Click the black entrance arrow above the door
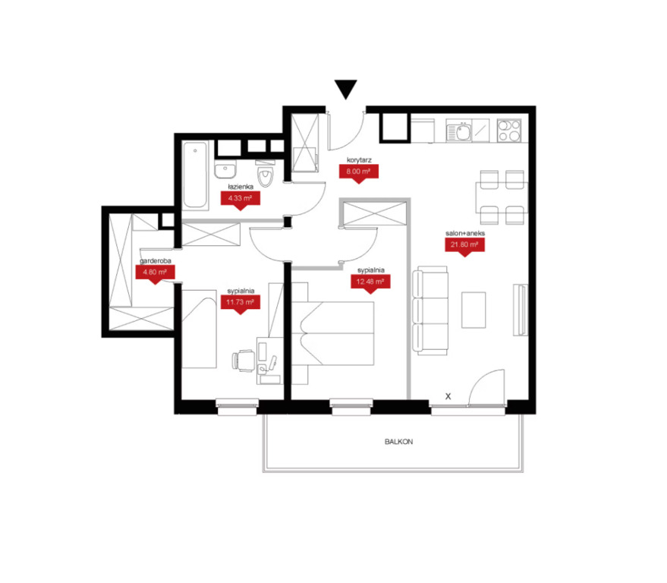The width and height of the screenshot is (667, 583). pyautogui.click(x=345, y=89)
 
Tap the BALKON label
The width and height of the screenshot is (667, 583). pyautogui.click(x=398, y=442)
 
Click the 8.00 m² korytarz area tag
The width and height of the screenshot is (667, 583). pyautogui.click(x=359, y=174)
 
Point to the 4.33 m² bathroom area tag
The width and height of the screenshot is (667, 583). pyautogui.click(x=241, y=200)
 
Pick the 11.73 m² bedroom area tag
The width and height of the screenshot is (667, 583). pyautogui.click(x=241, y=304)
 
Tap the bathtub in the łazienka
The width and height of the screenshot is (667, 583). pyautogui.click(x=195, y=175)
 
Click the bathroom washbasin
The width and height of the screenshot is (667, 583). pyautogui.click(x=225, y=170)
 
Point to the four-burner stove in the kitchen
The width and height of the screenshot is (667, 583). pyautogui.click(x=509, y=130)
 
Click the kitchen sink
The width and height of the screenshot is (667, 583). pyautogui.click(x=459, y=131)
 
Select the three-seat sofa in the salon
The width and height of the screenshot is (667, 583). pyautogui.click(x=430, y=310)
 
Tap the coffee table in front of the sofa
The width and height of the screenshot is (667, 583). pyautogui.click(x=474, y=310)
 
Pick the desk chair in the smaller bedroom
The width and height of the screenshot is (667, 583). pyautogui.click(x=244, y=361)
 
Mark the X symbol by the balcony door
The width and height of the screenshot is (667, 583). pyautogui.click(x=448, y=396)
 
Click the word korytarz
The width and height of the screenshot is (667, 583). pyautogui.click(x=359, y=160)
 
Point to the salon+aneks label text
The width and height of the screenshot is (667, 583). pyautogui.click(x=465, y=233)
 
